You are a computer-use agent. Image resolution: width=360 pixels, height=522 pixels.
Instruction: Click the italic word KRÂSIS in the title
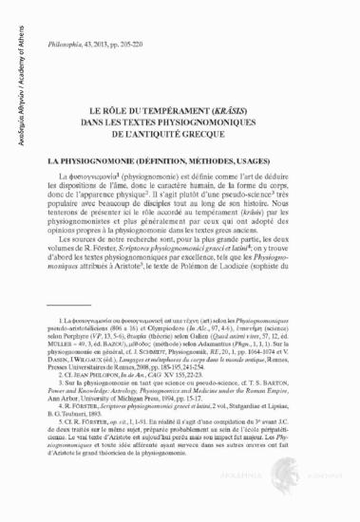point(245,110)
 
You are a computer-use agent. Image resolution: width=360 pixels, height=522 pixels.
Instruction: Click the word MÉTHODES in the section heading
point(205,161)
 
